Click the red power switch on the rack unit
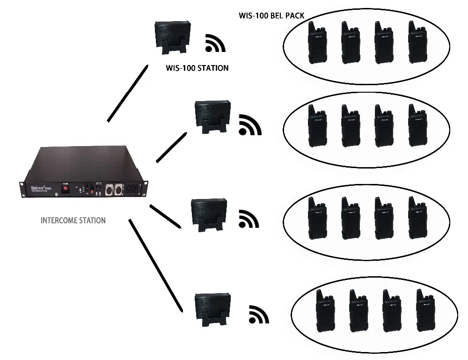click(x=66, y=189)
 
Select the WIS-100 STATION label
click(x=197, y=68)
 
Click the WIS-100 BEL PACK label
click(x=271, y=16)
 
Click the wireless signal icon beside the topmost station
click(x=215, y=43)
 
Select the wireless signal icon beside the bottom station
click(x=259, y=315)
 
